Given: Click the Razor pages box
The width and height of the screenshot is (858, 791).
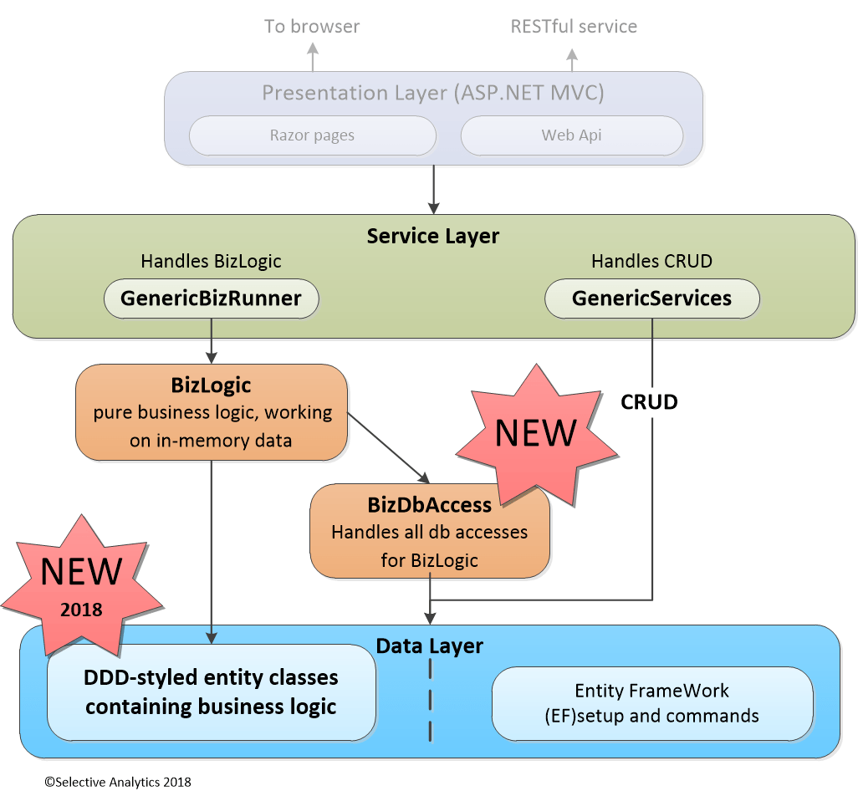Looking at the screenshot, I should coord(312,135).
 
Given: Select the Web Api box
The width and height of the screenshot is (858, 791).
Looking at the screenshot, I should coord(571,135).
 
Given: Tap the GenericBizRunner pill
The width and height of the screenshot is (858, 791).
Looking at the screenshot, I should coord(211,299).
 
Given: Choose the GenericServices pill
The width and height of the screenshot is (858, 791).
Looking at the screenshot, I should coord(651,299).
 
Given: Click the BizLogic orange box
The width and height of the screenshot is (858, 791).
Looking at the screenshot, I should coord(211,412).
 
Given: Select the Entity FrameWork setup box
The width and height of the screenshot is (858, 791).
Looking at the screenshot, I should coord(651,703).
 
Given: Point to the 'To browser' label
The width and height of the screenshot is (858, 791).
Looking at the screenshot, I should coord(312,27).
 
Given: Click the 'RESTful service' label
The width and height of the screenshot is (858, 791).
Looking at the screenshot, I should coord(574,27).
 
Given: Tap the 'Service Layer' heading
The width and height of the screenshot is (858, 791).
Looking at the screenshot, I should coord(432,236).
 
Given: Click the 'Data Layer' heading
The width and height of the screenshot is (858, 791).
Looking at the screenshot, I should coord(429,646).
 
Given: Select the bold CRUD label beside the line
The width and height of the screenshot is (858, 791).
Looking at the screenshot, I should coord(649,402).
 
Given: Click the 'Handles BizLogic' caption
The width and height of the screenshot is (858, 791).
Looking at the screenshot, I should coord(211,262).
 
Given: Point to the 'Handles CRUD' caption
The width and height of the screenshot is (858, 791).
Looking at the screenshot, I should coord(651,262).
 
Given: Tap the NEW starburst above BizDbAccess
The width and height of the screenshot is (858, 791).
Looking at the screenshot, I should coord(535,433).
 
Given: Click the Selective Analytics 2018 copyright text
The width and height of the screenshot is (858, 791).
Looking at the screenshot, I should coord(118,782).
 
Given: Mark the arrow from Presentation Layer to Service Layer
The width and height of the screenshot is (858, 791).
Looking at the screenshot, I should coord(433,189).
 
